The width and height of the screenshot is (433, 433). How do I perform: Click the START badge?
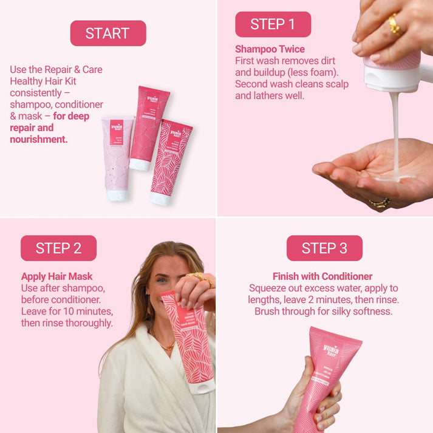108,33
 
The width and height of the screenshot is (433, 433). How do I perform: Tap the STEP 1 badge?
273,24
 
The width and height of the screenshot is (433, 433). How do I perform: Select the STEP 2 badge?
58,248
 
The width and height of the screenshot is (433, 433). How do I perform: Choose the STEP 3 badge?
324,248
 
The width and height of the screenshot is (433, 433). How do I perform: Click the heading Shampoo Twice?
270,49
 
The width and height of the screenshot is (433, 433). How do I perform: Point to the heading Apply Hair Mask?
57,277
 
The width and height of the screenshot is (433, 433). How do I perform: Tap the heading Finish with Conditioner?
322,277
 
